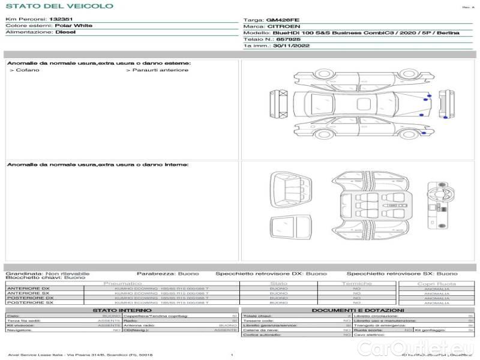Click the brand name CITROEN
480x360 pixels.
tap(280, 26)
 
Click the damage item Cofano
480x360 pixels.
tap(27, 70)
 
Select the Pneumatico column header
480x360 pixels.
tap(123, 283)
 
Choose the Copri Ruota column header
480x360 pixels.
tap(436, 283)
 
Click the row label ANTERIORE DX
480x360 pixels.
tap(28, 289)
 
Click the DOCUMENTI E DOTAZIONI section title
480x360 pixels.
tap(357, 310)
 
